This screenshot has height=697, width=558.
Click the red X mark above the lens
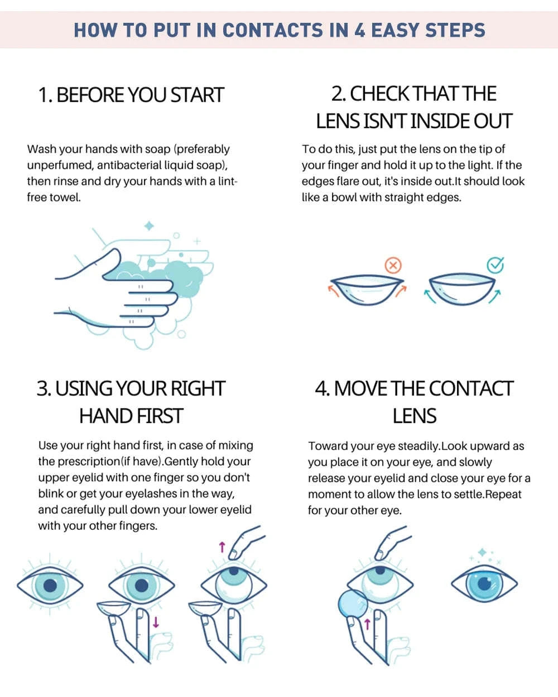pyautogui.click(x=393, y=265)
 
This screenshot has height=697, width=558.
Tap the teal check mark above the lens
pyautogui.click(x=495, y=265)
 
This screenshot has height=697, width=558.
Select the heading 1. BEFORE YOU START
pyautogui.click(x=131, y=95)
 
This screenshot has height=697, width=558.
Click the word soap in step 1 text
pyautogui.click(x=157, y=149)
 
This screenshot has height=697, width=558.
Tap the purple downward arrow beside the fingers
pyautogui.click(x=156, y=622)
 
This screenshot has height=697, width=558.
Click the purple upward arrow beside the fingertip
pyautogui.click(x=222, y=547)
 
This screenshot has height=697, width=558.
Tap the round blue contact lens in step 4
pyautogui.click(x=353, y=612)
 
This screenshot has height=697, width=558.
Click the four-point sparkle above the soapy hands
pyautogui.click(x=149, y=226)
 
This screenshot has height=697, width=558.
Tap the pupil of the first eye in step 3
pyautogui.click(x=50, y=586)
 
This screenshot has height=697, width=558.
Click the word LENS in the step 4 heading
pyautogui.click(x=414, y=416)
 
